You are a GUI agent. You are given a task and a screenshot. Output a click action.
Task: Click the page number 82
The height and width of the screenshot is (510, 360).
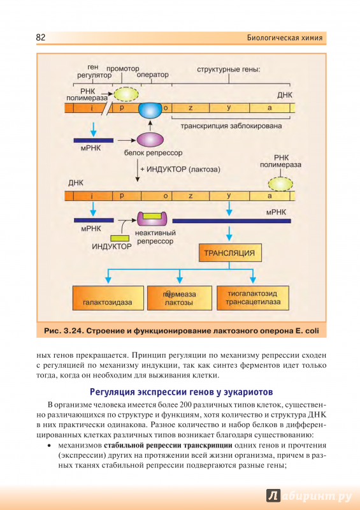[x=41, y=38]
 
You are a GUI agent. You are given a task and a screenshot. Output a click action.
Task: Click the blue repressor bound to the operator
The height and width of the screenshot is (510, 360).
[x=150, y=110]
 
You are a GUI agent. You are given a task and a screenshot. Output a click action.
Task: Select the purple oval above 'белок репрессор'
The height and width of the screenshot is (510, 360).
[x=150, y=140]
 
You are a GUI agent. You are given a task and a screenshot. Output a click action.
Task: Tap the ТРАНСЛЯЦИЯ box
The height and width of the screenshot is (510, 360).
[x=230, y=252]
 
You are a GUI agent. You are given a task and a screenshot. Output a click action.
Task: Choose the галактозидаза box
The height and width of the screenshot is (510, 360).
[x=108, y=298]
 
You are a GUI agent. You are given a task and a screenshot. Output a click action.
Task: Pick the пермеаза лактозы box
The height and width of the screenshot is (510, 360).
[x=180, y=298]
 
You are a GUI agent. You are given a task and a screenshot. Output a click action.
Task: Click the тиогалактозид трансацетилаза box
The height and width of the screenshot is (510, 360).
[x=253, y=298]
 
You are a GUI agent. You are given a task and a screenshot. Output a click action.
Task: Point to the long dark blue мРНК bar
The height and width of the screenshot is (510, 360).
[x=231, y=221]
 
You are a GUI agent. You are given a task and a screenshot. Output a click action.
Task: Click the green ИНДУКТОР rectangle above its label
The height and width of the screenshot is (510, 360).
[x=120, y=238]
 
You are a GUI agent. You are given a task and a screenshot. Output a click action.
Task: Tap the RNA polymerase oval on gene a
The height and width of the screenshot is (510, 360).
[x=280, y=184]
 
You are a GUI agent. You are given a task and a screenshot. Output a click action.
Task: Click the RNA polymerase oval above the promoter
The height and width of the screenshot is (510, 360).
[x=126, y=94]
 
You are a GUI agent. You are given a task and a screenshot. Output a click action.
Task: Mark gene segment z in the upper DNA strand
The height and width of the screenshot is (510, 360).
[x=191, y=108]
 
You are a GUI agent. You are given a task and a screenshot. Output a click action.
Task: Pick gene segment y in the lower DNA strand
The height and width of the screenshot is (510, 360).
[x=229, y=196]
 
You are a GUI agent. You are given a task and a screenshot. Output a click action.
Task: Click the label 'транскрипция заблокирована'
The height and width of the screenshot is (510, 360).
[x=231, y=126]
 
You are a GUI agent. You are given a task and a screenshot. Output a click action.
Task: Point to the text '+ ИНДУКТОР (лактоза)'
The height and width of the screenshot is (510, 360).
[x=180, y=170]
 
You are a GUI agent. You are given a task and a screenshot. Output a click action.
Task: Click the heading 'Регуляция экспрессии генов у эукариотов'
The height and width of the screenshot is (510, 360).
[x=181, y=392]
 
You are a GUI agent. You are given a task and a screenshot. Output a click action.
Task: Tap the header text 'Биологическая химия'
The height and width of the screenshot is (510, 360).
[x=285, y=38]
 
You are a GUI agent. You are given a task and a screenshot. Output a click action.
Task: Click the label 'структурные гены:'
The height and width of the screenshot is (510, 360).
[x=229, y=69]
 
